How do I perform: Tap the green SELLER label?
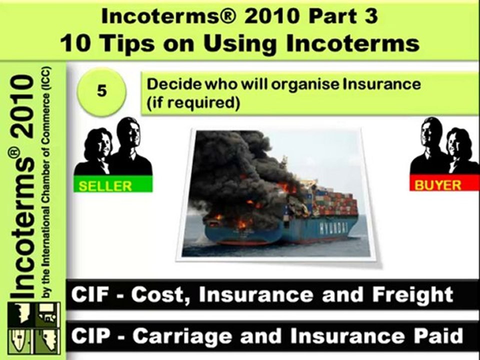point(105,186)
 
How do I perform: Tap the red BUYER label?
point(438,185)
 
